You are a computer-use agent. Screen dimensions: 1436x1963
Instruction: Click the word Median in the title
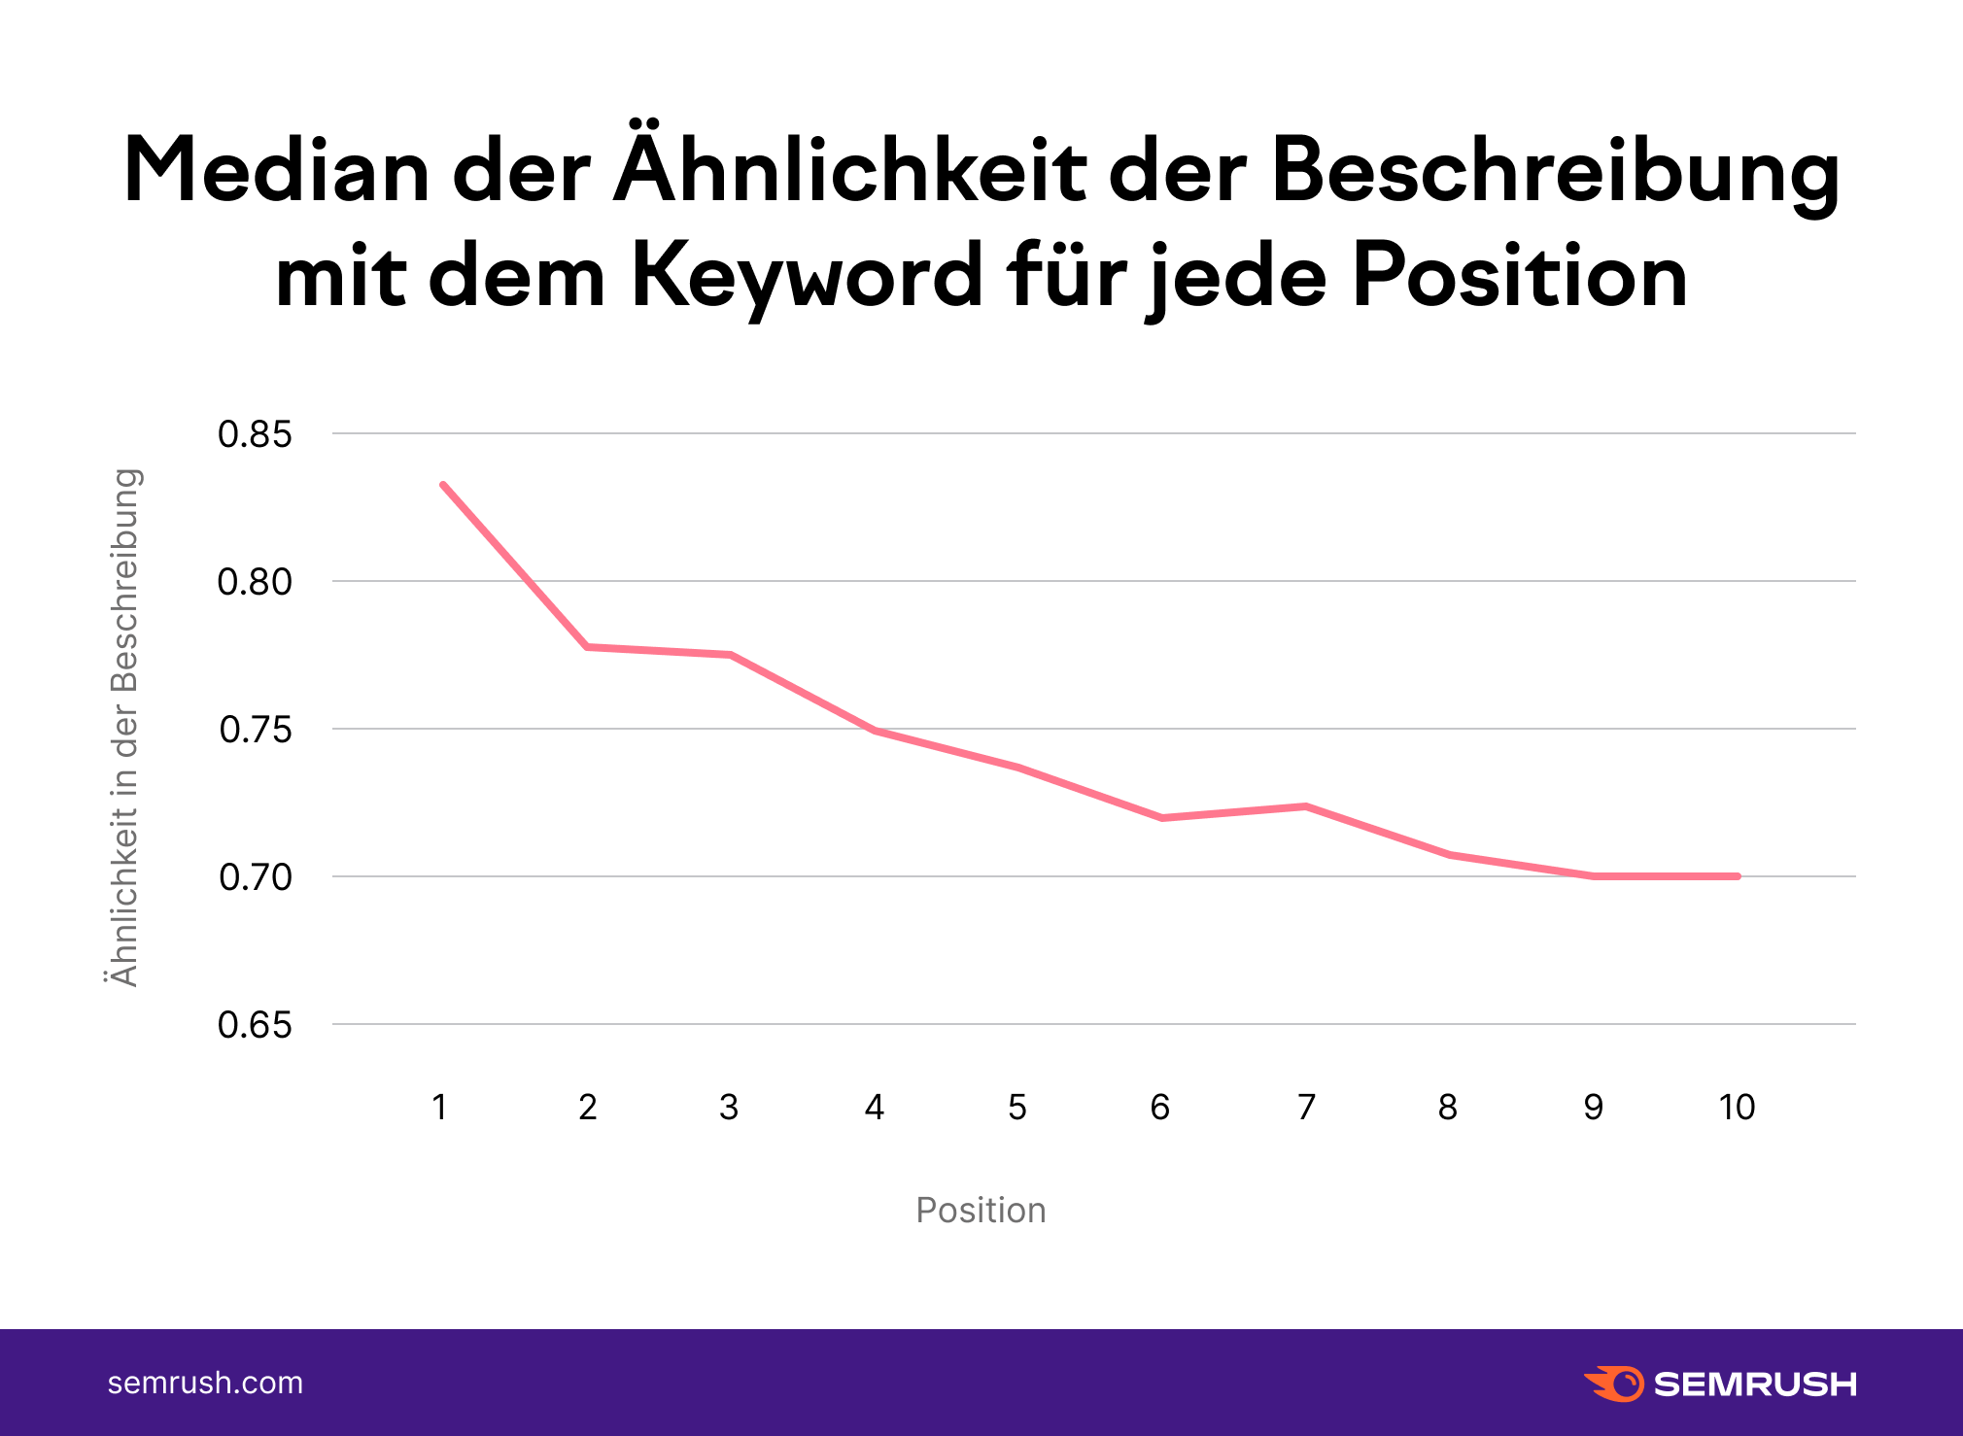[276, 171]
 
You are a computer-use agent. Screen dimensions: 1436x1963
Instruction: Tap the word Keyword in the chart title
[807, 277]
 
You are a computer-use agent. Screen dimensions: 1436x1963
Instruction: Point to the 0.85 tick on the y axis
[255, 434]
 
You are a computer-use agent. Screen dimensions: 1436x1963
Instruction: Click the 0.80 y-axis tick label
[255, 582]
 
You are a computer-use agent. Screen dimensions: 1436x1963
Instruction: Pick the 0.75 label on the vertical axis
[255, 730]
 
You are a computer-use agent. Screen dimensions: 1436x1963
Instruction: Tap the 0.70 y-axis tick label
[255, 877]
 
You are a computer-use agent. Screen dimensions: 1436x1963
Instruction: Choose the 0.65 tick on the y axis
[255, 1025]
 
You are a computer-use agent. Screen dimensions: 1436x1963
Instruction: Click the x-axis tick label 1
[439, 1107]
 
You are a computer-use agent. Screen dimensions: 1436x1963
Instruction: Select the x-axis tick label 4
[874, 1107]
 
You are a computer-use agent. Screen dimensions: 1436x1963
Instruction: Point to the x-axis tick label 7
[1306, 1107]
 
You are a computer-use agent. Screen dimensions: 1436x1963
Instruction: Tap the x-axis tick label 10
[1737, 1107]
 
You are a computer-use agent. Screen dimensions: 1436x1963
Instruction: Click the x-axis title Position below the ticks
[981, 1210]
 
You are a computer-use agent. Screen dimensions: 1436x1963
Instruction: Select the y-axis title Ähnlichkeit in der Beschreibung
[124, 728]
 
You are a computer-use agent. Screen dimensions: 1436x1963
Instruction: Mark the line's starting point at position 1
[443, 484]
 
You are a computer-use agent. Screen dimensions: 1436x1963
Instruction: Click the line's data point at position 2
[587, 646]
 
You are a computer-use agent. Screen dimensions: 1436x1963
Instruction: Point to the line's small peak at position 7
[1306, 805]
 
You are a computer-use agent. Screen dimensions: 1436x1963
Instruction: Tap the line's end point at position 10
[1737, 876]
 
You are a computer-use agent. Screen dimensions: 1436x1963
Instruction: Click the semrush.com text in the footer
[205, 1383]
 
